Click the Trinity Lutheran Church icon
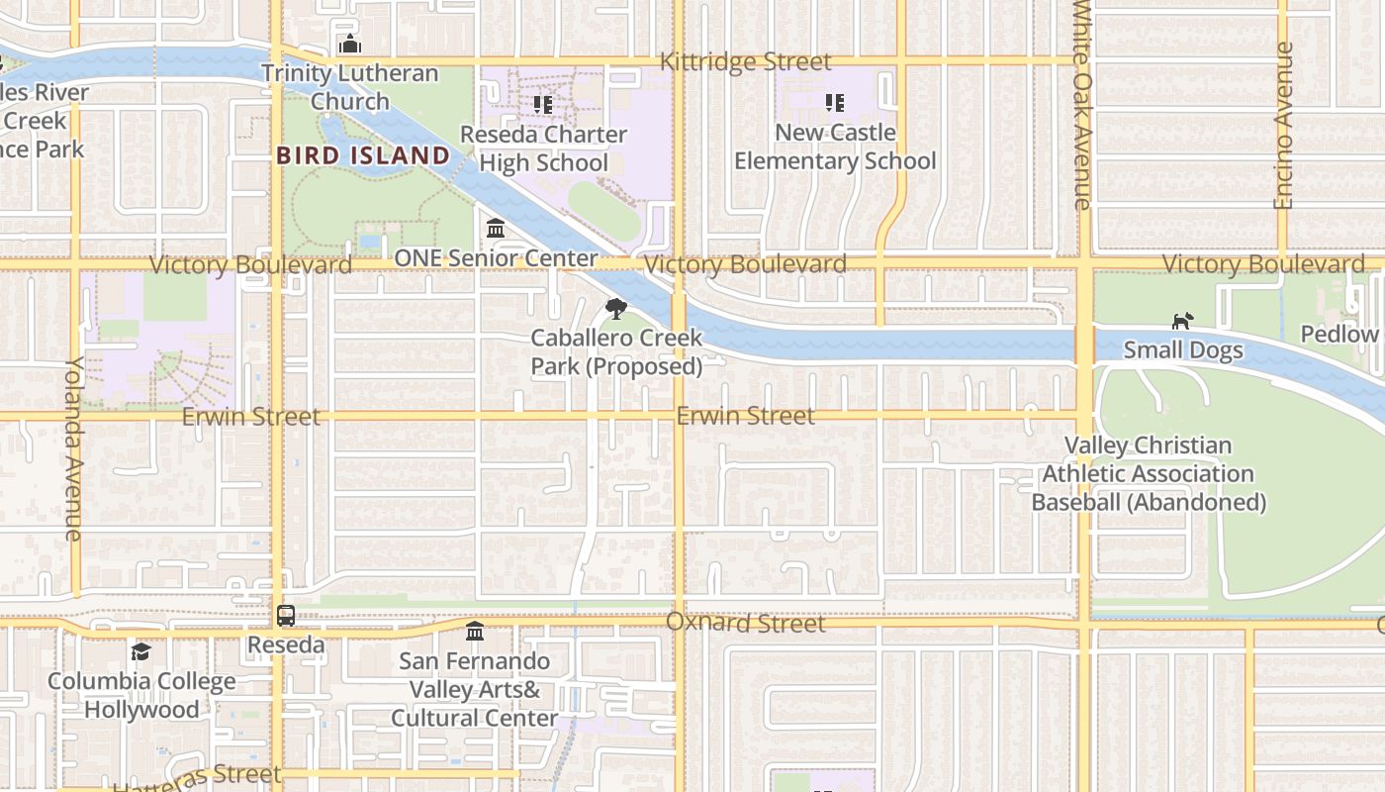click(349, 45)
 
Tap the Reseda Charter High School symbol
click(542, 104)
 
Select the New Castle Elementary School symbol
click(834, 103)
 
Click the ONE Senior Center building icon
click(496, 229)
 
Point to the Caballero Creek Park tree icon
click(615, 308)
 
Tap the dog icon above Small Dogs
click(1182, 321)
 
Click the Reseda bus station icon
click(286, 616)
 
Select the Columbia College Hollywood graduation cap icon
click(141, 651)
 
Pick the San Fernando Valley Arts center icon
click(475, 631)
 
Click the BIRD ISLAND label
click(363, 155)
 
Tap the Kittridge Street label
click(745, 61)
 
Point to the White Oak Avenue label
click(1082, 104)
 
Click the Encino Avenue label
click(1283, 126)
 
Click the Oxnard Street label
click(745, 623)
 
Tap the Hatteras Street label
click(198, 776)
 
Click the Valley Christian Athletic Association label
click(1149, 473)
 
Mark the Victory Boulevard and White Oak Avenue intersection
click(1084, 264)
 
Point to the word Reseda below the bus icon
click(286, 645)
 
